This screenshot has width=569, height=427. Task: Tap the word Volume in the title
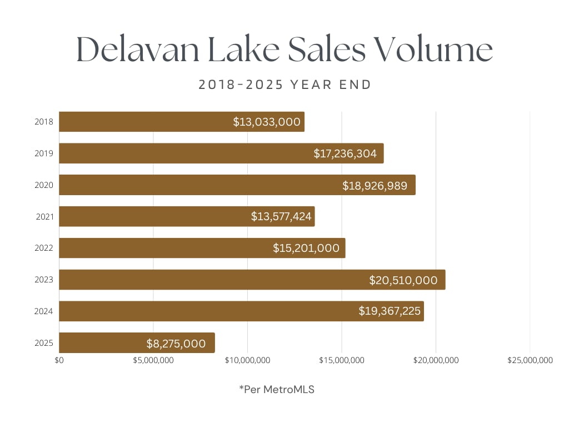434,49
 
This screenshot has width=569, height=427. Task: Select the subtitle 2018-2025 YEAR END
284,85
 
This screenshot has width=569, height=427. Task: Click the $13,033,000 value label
267,122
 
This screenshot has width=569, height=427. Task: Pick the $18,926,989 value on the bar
378,185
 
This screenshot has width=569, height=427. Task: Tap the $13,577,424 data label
281,216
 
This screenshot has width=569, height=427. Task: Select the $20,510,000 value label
403,280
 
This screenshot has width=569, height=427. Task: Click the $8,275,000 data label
176,344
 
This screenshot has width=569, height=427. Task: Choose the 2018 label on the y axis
44,122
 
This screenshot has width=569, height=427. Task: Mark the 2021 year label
44,216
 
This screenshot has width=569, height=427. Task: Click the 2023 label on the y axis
44,280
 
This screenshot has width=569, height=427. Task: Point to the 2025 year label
44,343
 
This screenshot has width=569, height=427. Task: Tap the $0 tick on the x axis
59,360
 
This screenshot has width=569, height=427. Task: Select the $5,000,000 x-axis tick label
153,360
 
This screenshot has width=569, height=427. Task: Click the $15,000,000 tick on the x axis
342,360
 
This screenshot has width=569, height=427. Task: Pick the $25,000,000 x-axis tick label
530,360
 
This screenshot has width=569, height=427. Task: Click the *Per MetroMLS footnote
277,389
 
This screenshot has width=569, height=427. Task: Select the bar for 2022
167,248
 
